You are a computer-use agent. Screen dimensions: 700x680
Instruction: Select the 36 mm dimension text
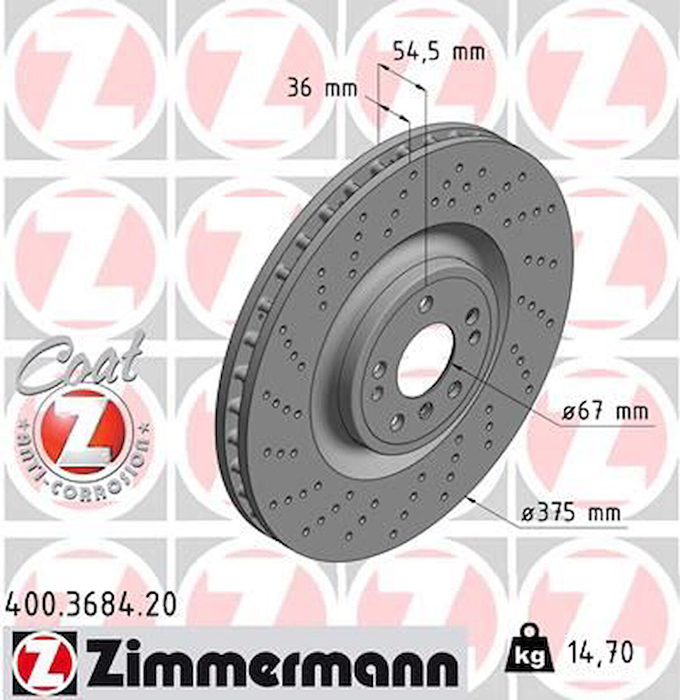(x=322, y=89)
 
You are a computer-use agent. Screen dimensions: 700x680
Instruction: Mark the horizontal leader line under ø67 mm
(x=605, y=427)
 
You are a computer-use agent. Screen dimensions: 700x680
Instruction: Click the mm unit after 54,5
(x=468, y=52)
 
